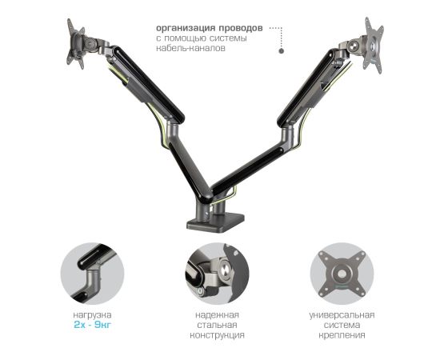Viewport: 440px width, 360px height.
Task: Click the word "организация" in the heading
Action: (x=186, y=28)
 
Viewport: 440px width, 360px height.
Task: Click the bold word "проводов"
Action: (x=241, y=28)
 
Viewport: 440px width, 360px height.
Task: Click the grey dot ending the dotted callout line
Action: (x=281, y=51)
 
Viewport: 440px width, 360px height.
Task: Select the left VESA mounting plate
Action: (x=75, y=43)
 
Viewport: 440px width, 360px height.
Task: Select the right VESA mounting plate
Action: (x=374, y=45)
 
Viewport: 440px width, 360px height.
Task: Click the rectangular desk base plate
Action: (x=215, y=222)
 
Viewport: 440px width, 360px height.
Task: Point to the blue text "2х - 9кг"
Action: (x=93, y=325)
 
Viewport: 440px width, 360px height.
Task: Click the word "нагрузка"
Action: (x=92, y=315)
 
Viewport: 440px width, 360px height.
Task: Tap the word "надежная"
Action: (x=217, y=315)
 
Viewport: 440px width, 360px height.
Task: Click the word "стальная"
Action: (x=217, y=325)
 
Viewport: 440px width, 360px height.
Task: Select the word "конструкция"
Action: (x=217, y=335)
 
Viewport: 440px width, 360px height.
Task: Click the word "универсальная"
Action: (x=342, y=315)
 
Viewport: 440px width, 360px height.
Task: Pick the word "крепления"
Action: (x=342, y=335)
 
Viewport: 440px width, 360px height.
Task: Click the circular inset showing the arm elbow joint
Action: (x=92, y=274)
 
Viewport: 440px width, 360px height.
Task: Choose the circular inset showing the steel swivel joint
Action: (x=217, y=274)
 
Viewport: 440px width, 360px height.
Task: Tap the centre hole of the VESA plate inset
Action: (x=342, y=273)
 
